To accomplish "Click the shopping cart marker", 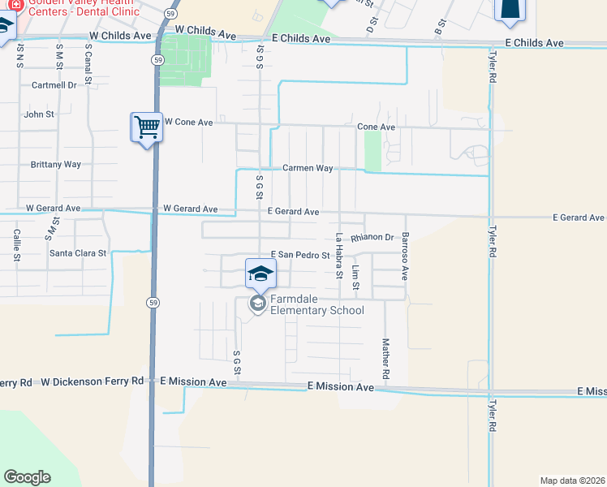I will [x=147, y=127].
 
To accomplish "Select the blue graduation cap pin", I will [x=260, y=274].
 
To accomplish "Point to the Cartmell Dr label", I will [x=54, y=84].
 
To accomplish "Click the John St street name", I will [x=39, y=114].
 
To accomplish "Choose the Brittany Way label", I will [x=56, y=164].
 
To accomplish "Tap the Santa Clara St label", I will [x=78, y=253].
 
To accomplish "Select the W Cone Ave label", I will [x=188, y=122].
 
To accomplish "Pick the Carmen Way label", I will [x=308, y=168].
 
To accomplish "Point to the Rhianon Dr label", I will [x=372, y=238].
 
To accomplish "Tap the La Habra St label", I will [x=339, y=256].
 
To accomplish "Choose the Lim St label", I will [x=355, y=278].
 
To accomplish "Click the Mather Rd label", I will [x=386, y=361].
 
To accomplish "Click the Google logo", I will [x=28, y=477].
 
